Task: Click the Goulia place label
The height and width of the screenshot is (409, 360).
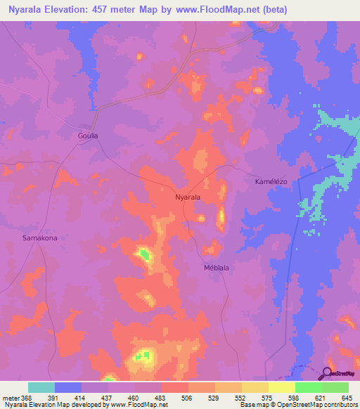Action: (x=88, y=135)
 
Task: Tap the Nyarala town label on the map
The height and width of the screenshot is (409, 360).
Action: (x=188, y=197)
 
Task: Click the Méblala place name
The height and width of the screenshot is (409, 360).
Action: (x=217, y=268)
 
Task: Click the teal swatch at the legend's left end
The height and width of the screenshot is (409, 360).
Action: (x=41, y=387)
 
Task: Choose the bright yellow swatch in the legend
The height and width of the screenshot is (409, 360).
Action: (x=281, y=387)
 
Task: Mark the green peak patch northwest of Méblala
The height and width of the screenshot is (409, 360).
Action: (x=144, y=253)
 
